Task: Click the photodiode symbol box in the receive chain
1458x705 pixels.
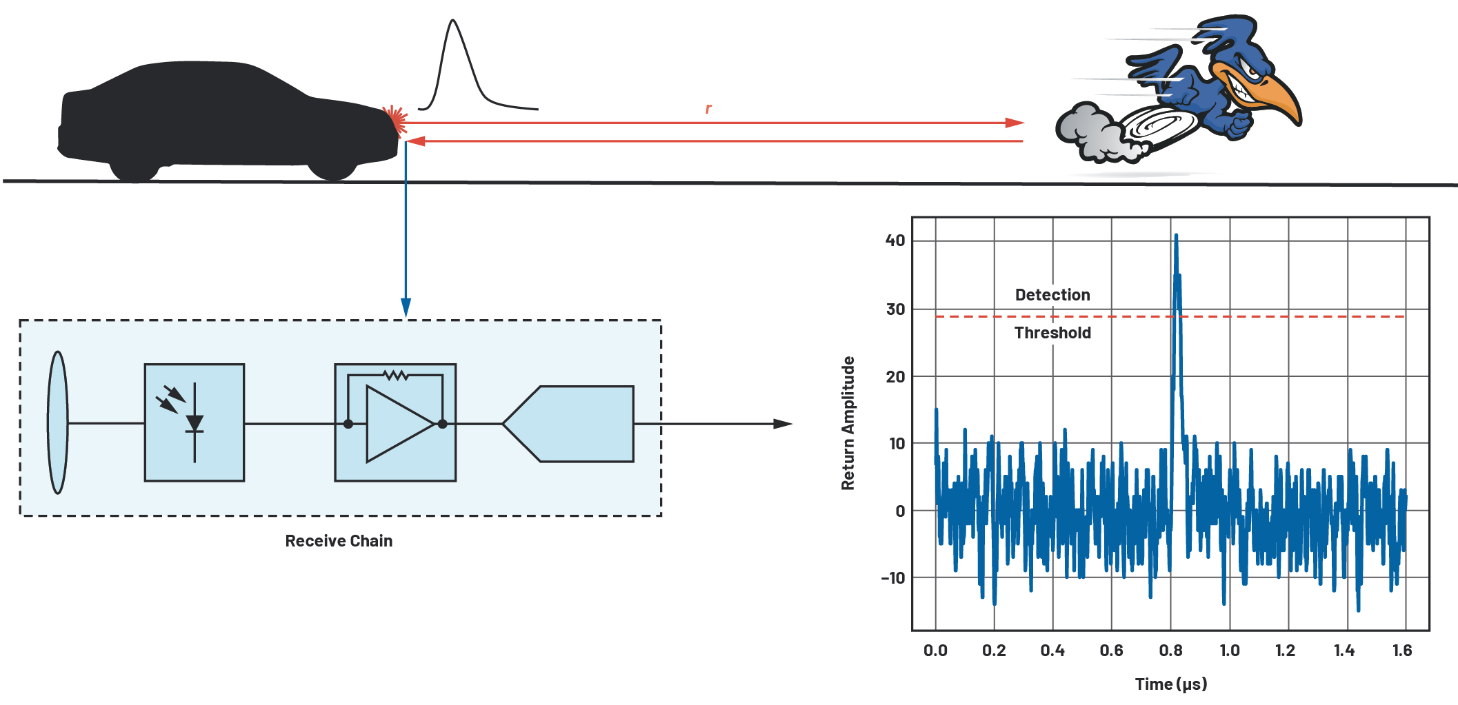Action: click(x=194, y=422)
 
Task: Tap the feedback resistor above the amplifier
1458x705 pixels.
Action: click(x=395, y=376)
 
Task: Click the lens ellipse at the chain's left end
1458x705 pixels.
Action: click(x=58, y=422)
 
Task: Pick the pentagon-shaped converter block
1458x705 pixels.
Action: click(x=570, y=424)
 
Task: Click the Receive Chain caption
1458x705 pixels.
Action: click(x=339, y=541)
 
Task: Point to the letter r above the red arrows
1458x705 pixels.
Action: click(x=708, y=109)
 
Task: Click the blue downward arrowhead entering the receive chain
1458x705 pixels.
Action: click(x=406, y=307)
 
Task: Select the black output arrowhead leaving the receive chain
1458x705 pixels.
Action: click(x=783, y=424)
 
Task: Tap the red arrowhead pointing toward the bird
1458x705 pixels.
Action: click(x=1014, y=123)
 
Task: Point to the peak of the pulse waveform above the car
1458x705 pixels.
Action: click(x=453, y=21)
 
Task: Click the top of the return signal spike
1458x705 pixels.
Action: click(x=1176, y=236)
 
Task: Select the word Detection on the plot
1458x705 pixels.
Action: click(x=1052, y=295)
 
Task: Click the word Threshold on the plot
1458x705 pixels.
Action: click(x=1052, y=333)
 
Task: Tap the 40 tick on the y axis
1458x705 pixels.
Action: click(x=895, y=241)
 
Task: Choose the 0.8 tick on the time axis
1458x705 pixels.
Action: click(x=1170, y=651)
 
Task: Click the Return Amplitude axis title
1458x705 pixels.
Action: click(x=848, y=423)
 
